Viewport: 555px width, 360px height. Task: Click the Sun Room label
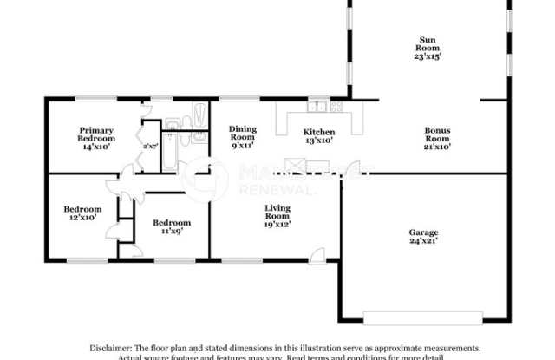point(428,40)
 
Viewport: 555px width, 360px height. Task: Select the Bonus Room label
point(437,134)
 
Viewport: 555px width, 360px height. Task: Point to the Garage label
point(423,232)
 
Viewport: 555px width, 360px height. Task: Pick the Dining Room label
point(242,133)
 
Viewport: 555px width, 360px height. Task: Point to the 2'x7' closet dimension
point(151,147)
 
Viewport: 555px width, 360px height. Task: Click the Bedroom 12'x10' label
point(82,213)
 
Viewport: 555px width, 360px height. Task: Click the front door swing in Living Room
point(317,254)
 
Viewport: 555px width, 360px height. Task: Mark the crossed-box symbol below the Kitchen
point(296,166)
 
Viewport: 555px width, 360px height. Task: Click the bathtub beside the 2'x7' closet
point(170,152)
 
